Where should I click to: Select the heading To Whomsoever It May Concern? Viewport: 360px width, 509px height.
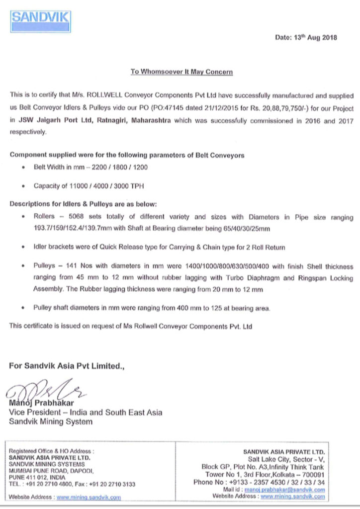pyautogui.click(x=181, y=72)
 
